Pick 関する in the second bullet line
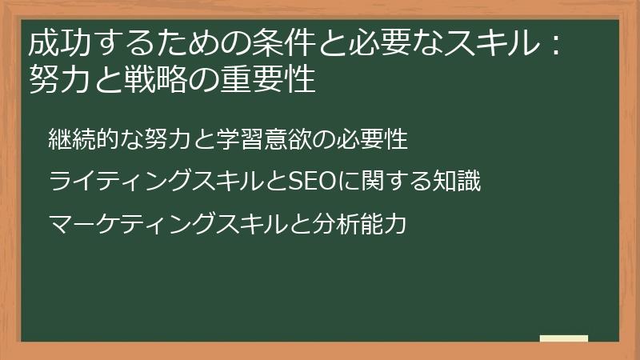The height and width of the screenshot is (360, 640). click(386, 182)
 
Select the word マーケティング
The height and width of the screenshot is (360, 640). click(122, 225)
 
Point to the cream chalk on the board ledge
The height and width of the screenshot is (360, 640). click(564, 338)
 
